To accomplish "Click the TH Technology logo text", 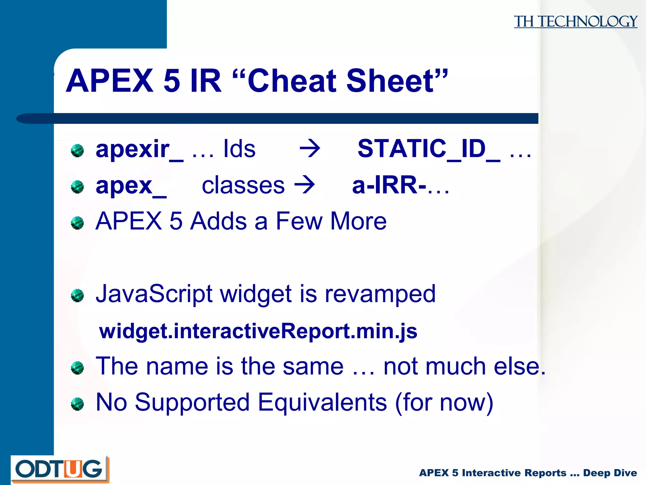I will pyautogui.click(x=575, y=21).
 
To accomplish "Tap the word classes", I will pyautogui.click(x=243, y=185).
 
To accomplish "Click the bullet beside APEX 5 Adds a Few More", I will pyautogui.click(x=77, y=223).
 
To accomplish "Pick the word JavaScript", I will pyautogui.click(x=154, y=294).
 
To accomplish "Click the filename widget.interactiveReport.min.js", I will pyautogui.click(x=258, y=331).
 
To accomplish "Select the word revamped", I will pyautogui.click(x=380, y=294).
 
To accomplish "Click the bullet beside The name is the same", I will pyautogui.click(x=77, y=368).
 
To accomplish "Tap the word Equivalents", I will pyautogui.click(x=322, y=402).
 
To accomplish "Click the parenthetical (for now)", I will pyautogui.click(x=444, y=403).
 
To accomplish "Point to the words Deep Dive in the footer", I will pyautogui.click(x=610, y=473).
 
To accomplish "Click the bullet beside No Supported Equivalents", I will pyautogui.click(x=77, y=404).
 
